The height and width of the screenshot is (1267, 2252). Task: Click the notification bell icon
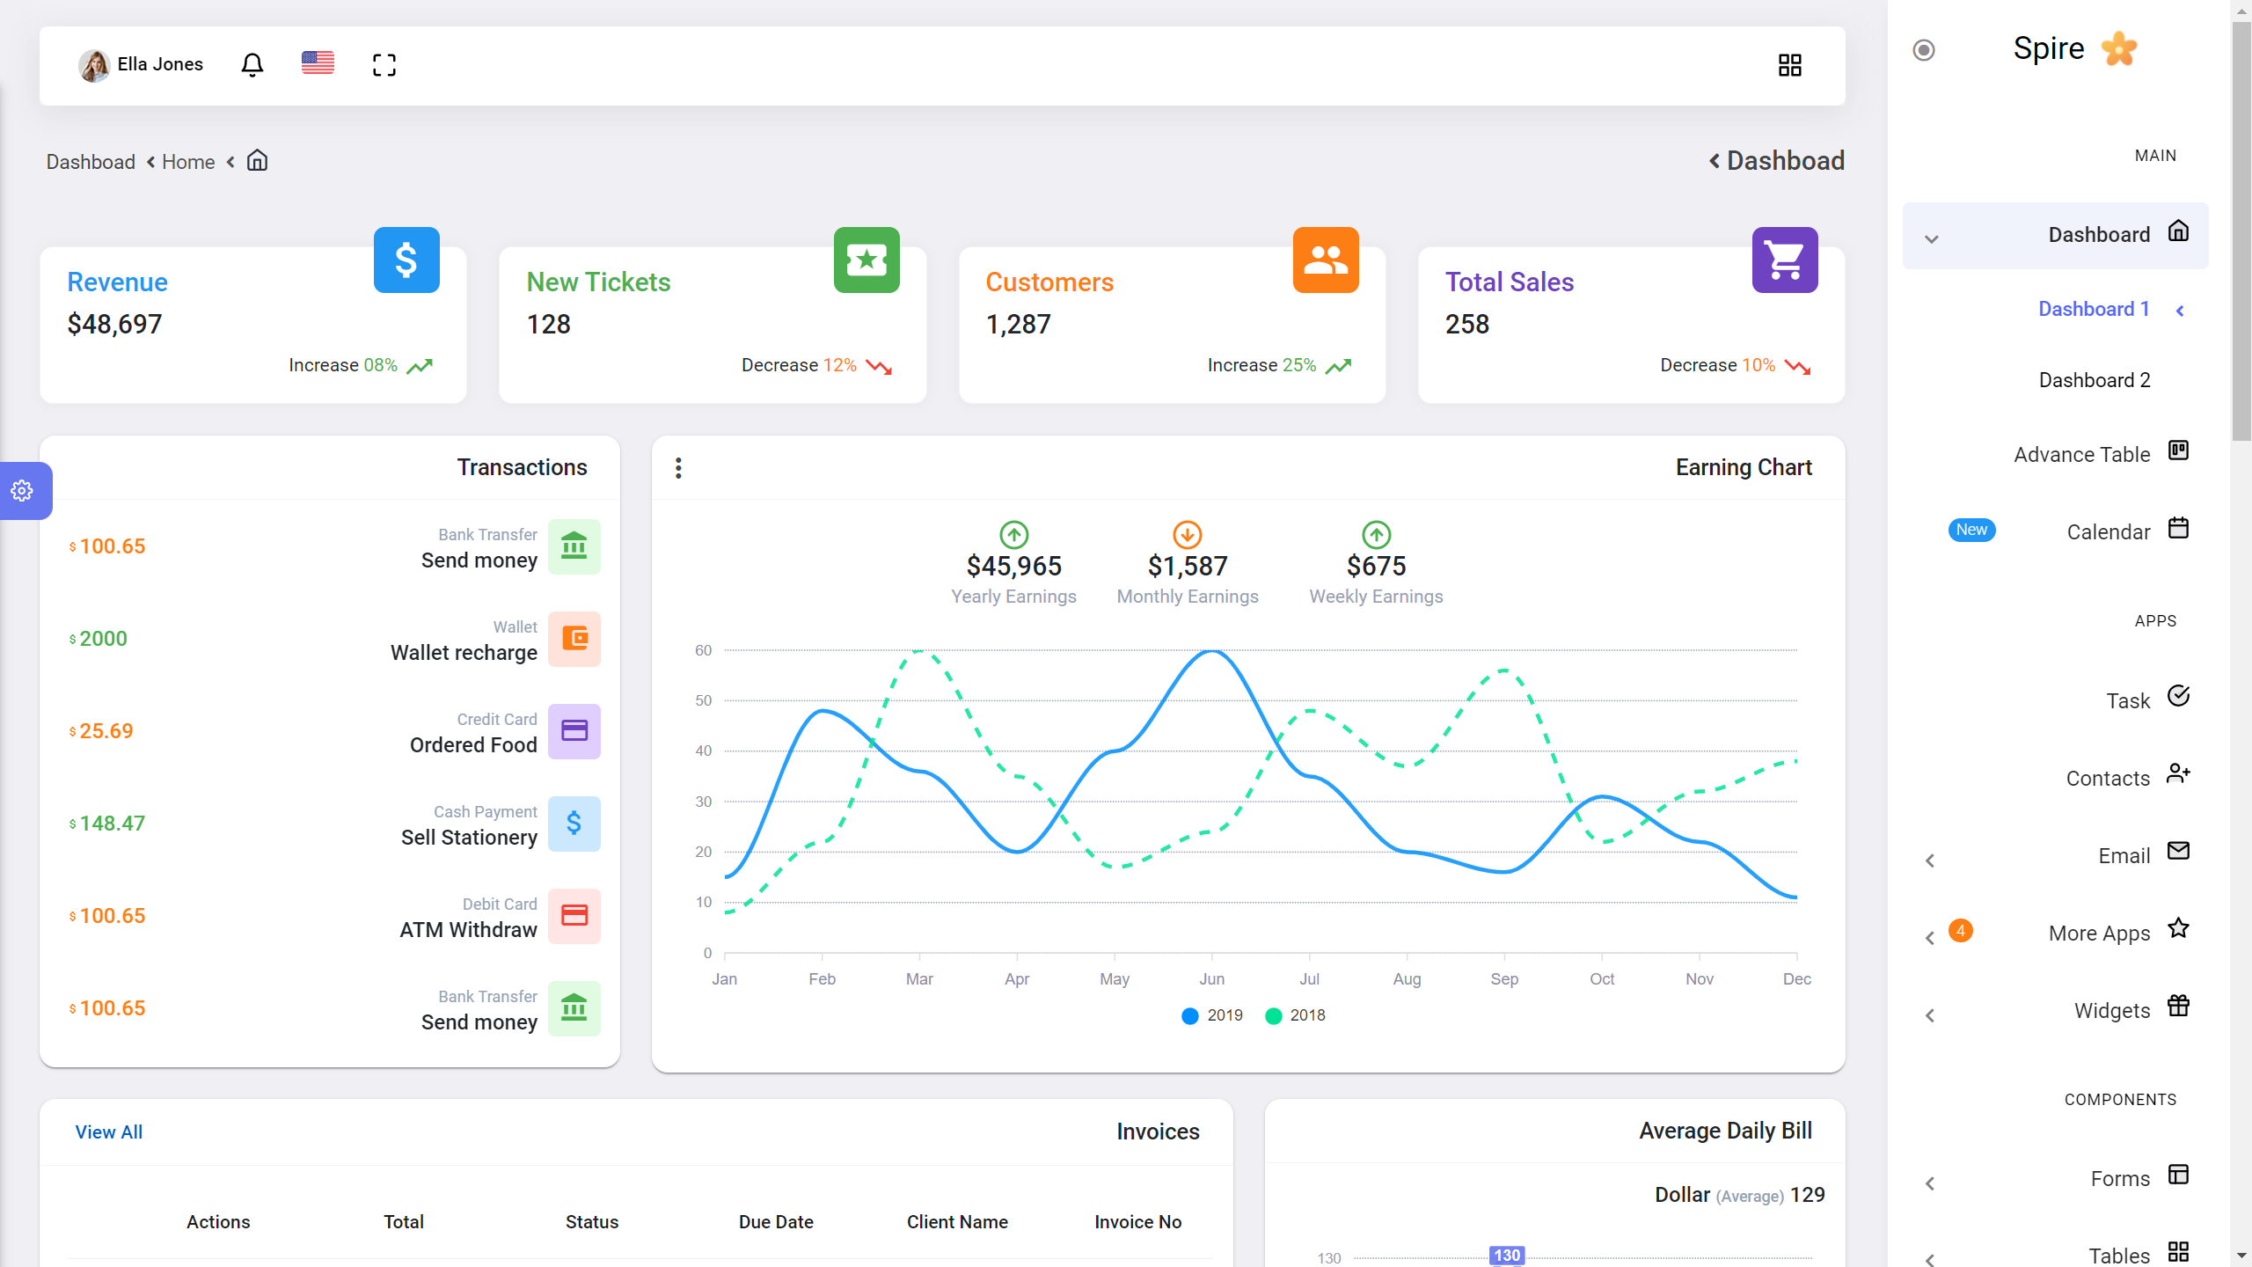(252, 64)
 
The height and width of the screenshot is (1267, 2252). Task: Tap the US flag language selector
(318, 63)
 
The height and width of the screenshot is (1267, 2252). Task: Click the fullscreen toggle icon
(384, 64)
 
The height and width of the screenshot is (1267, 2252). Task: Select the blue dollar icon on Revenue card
(406, 260)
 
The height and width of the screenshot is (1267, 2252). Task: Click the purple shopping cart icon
(1785, 260)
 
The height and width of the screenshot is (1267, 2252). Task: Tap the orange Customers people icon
(1326, 260)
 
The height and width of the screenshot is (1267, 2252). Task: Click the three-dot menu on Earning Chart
(678, 468)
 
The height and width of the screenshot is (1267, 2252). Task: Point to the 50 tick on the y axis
(704, 700)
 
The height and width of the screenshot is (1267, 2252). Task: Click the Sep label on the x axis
(1504, 979)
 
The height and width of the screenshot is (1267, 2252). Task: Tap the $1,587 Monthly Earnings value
(1188, 566)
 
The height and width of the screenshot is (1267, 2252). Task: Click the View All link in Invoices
(109, 1132)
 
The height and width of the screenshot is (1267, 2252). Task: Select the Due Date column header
(776, 1222)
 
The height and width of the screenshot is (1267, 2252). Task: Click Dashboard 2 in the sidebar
(2095, 380)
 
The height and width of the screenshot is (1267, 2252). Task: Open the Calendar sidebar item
(2109, 532)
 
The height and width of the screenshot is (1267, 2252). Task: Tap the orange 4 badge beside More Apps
(1961, 931)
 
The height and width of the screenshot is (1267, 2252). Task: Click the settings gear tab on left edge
(23, 491)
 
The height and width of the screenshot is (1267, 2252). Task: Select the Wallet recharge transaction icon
(574, 639)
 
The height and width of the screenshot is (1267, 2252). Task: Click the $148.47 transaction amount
(112, 824)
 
